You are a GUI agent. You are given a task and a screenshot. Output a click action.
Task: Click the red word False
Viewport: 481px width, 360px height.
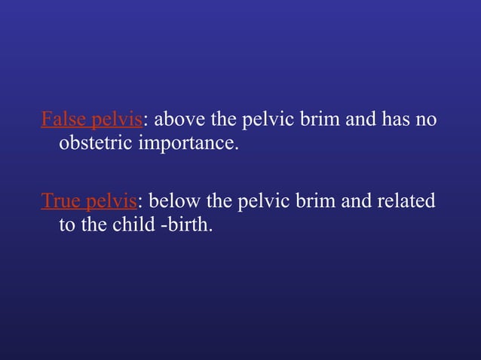click(x=62, y=120)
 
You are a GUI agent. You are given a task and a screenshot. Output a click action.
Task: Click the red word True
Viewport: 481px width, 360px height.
click(x=60, y=202)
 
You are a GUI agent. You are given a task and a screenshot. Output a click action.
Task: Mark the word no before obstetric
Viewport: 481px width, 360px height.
click(x=427, y=121)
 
